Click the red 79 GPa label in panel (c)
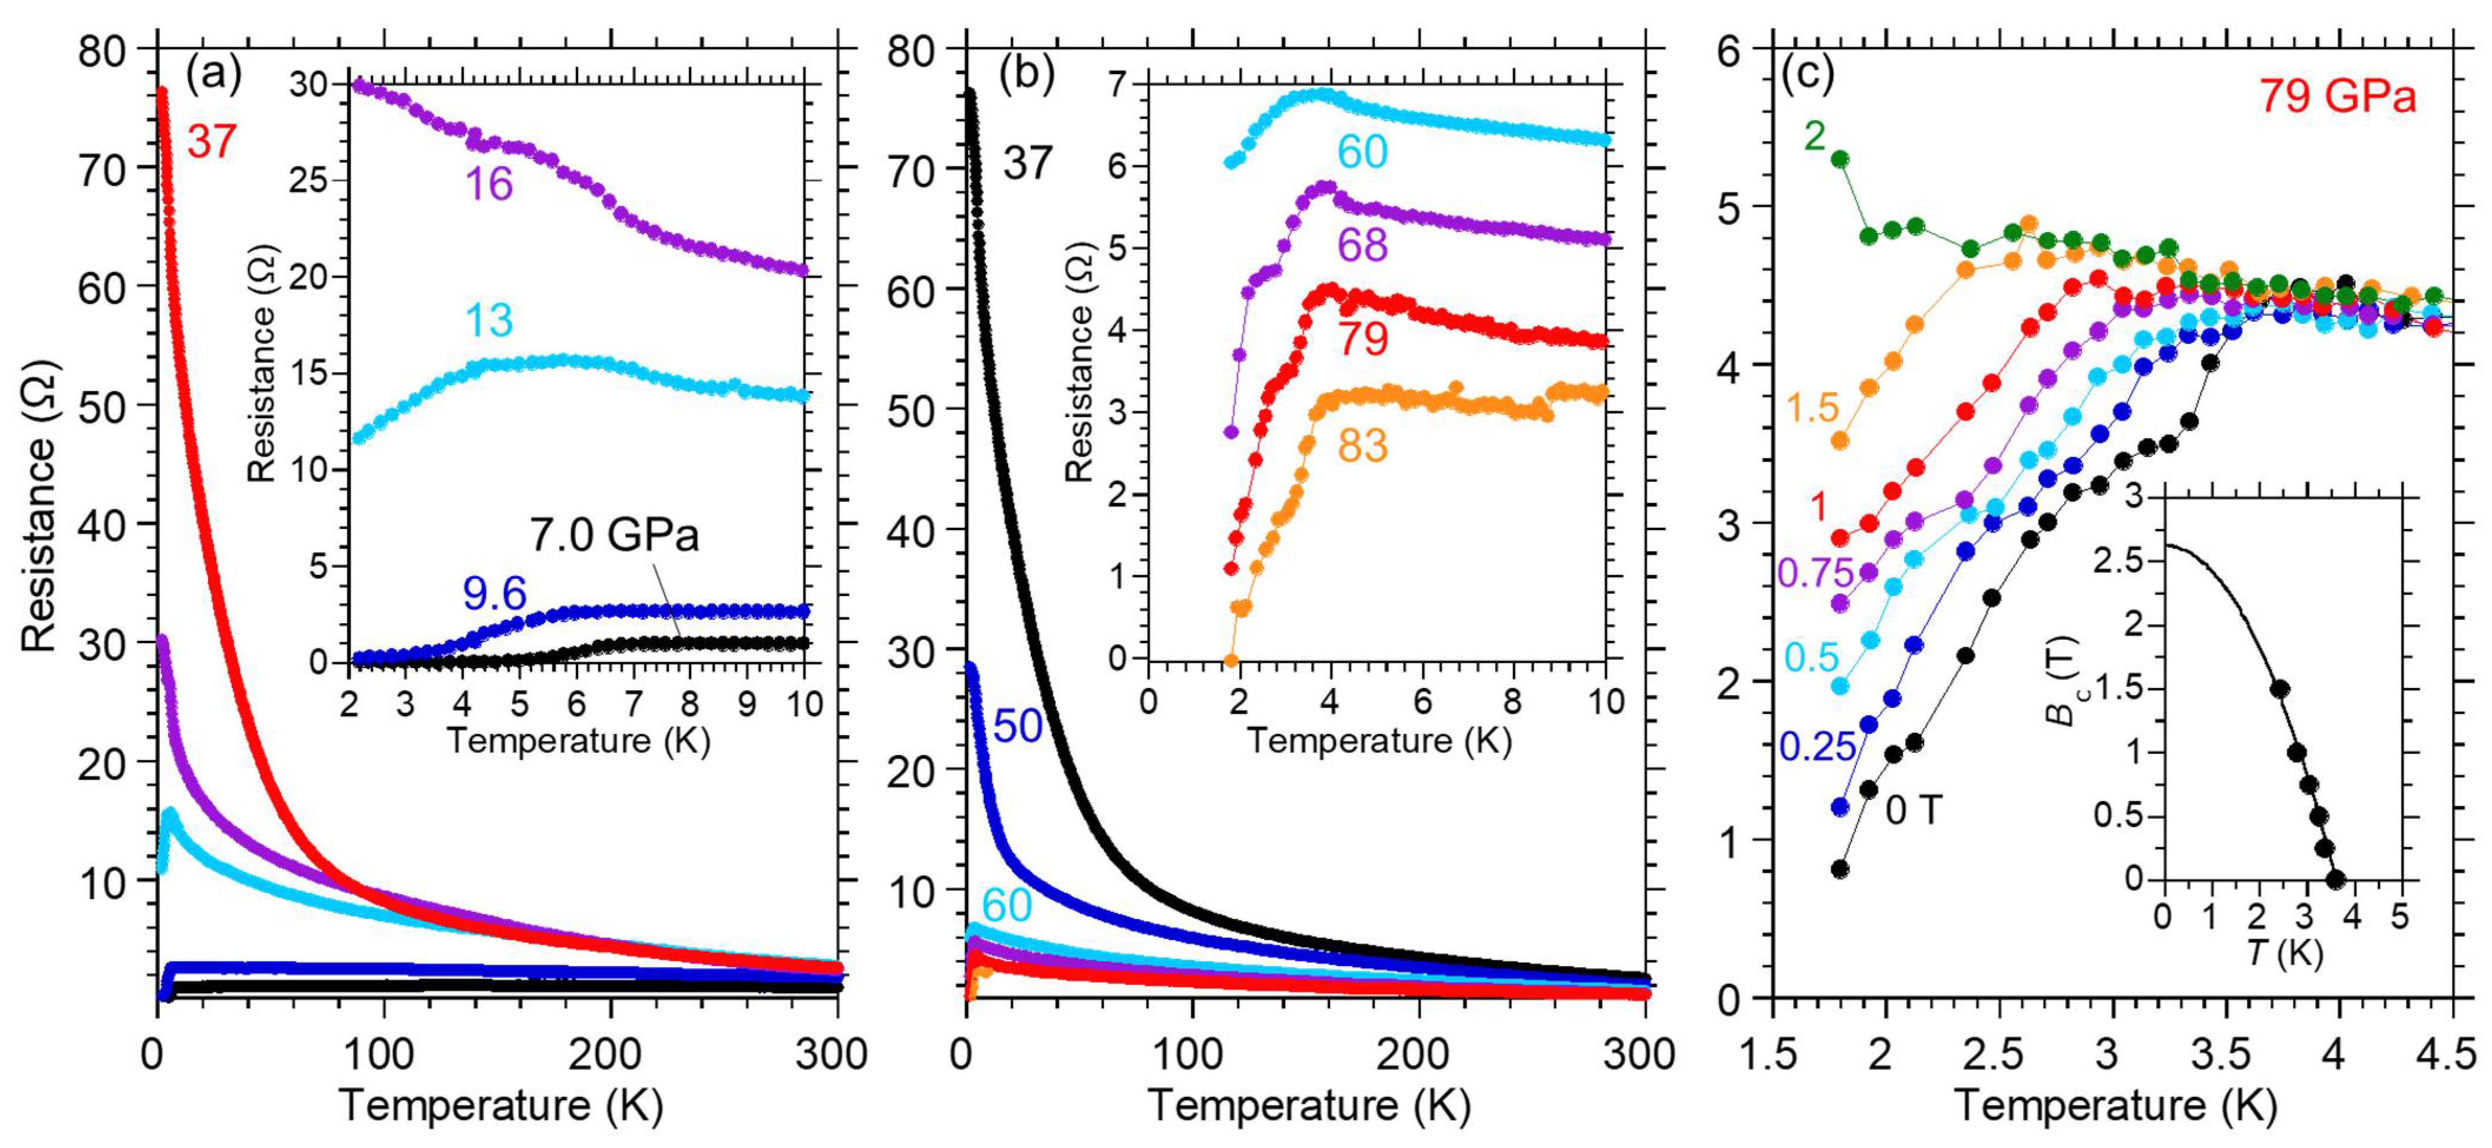coord(2337,97)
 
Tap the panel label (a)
coord(214,74)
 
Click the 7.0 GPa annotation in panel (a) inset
coord(614,535)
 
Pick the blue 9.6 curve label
coord(494,593)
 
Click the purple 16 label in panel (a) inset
coord(489,184)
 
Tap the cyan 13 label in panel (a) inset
coord(489,320)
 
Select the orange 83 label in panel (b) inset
coord(1362,446)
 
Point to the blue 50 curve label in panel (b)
coord(1018,725)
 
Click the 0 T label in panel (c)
coord(1913,809)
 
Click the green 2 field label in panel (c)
coord(1814,137)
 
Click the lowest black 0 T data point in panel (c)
coord(1840,868)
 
